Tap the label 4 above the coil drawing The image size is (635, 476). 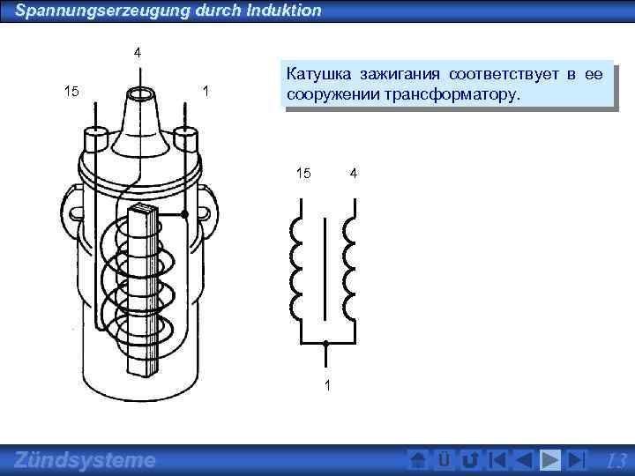tap(137, 53)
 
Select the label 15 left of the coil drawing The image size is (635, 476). tap(72, 91)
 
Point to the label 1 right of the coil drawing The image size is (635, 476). tap(205, 91)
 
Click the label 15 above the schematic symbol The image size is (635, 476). tap(303, 173)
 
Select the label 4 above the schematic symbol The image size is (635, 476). tap(353, 173)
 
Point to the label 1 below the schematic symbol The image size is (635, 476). tap(327, 384)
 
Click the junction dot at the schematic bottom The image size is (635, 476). tap(325, 344)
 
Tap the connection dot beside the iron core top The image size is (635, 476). tap(184, 214)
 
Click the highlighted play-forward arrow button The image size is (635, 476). tap(549, 460)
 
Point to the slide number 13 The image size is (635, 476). tap(617, 460)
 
